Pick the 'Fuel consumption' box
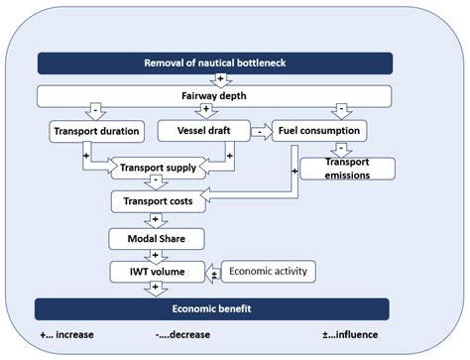pos(317,130)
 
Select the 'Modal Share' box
pos(155,238)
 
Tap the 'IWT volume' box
pos(155,271)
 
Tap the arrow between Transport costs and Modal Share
pos(155,220)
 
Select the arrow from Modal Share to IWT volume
pos(155,255)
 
